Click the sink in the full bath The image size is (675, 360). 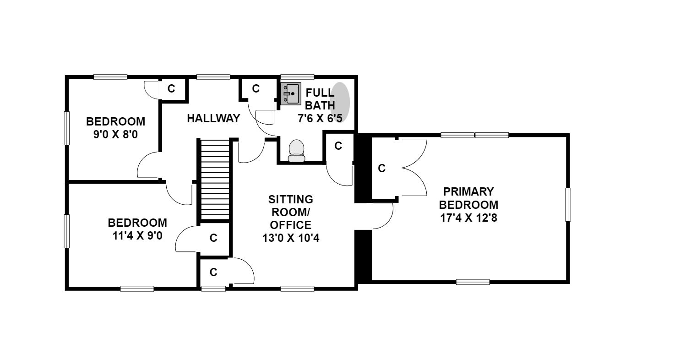pos(291,94)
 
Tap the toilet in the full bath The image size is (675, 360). pos(297,151)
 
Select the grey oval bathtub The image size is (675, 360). pos(340,102)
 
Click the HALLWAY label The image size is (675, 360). pos(213,118)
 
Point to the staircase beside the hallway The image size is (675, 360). pos(215,180)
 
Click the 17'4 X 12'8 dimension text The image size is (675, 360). pos(468,218)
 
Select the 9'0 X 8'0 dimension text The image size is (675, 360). pos(115,135)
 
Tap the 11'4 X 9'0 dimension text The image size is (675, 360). pos(137,235)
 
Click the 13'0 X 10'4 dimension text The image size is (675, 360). pos(291,238)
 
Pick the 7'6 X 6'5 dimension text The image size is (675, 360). pos(320,119)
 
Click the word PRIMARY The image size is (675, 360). pos(468,191)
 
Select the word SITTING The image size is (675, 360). pos(291,199)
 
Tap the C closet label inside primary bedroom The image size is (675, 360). pos(381,168)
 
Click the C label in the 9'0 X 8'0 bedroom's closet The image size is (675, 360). pos(171,89)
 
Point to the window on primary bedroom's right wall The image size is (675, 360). pos(568,204)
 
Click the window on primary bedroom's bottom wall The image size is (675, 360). pos(473,282)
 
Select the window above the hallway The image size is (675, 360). pos(213,77)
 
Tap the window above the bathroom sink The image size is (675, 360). pos(297,77)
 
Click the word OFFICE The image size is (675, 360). pos(291,225)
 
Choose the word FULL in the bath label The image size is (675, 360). pos(320,93)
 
